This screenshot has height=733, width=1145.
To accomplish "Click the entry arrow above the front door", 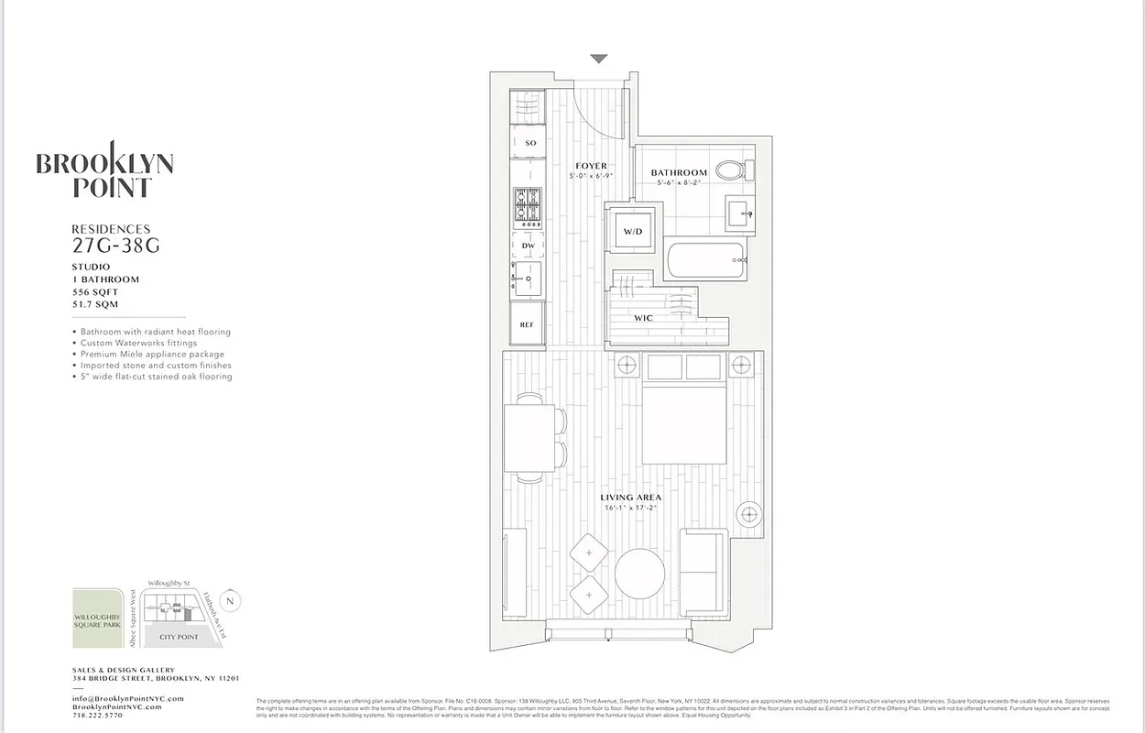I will tap(598, 59).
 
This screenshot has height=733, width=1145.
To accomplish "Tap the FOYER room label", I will tap(591, 167).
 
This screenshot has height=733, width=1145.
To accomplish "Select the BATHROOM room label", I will tap(679, 172).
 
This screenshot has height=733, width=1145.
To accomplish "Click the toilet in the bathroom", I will tap(732, 170).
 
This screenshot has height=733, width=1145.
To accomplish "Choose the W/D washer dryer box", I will tap(633, 232).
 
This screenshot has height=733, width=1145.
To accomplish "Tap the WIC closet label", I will tap(643, 318).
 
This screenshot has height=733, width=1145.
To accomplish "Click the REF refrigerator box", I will tap(527, 324).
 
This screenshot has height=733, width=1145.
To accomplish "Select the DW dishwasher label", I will tap(528, 246).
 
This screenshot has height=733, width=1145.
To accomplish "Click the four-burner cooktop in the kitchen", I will tap(528, 208).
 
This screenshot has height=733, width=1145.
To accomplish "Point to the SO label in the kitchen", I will tap(530, 143).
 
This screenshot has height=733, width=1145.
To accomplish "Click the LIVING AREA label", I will tap(631, 498).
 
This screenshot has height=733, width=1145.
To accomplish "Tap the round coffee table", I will tap(639, 574).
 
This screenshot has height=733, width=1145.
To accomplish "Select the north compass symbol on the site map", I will tap(231, 602).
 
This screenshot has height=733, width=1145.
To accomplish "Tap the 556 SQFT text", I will tap(95, 292).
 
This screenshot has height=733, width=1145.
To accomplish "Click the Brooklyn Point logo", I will tap(104, 170).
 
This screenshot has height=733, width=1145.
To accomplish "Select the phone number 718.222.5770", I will tap(97, 715).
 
